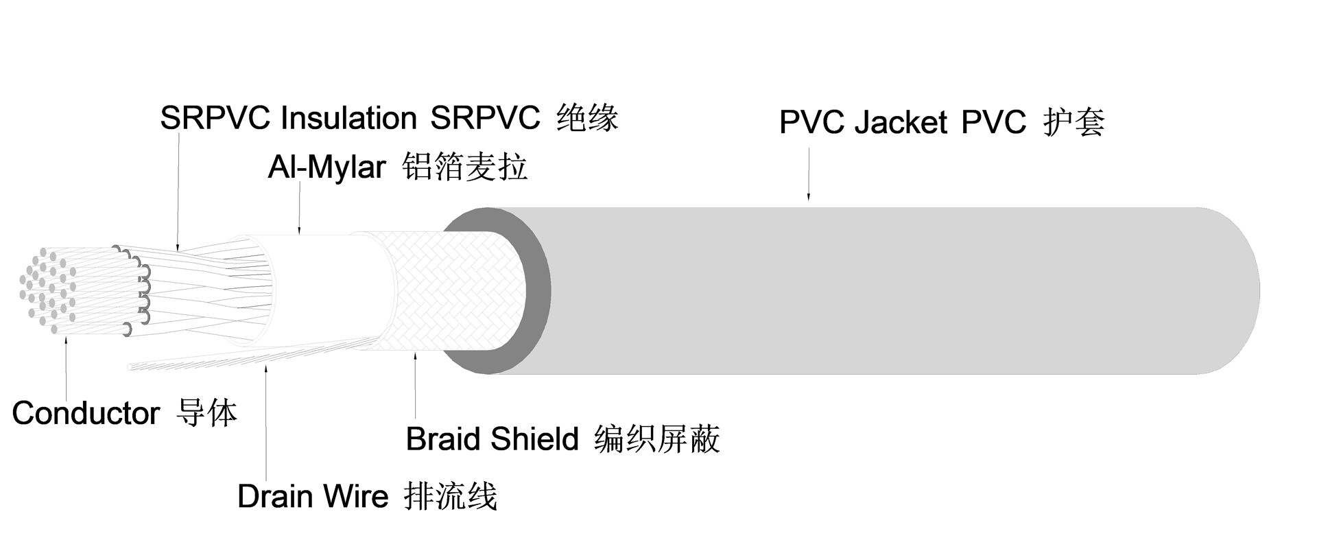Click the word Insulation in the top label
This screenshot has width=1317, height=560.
pos(348,119)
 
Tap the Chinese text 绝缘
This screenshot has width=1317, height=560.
pos(587,118)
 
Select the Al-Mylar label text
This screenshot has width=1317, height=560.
pos(327,167)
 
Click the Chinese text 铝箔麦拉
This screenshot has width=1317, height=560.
pos(465,167)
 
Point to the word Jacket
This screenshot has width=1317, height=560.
pos(901,123)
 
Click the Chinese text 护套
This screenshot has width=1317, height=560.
pos(1073,123)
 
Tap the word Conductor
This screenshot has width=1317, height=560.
pos(86,413)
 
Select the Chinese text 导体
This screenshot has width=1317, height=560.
pos(206,413)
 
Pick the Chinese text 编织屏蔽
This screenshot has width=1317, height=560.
pos(656,439)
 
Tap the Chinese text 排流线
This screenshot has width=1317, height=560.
pos(451,496)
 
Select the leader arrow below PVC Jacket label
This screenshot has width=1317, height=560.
pos(808,175)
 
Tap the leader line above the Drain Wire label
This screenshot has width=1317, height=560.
pos(266,425)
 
